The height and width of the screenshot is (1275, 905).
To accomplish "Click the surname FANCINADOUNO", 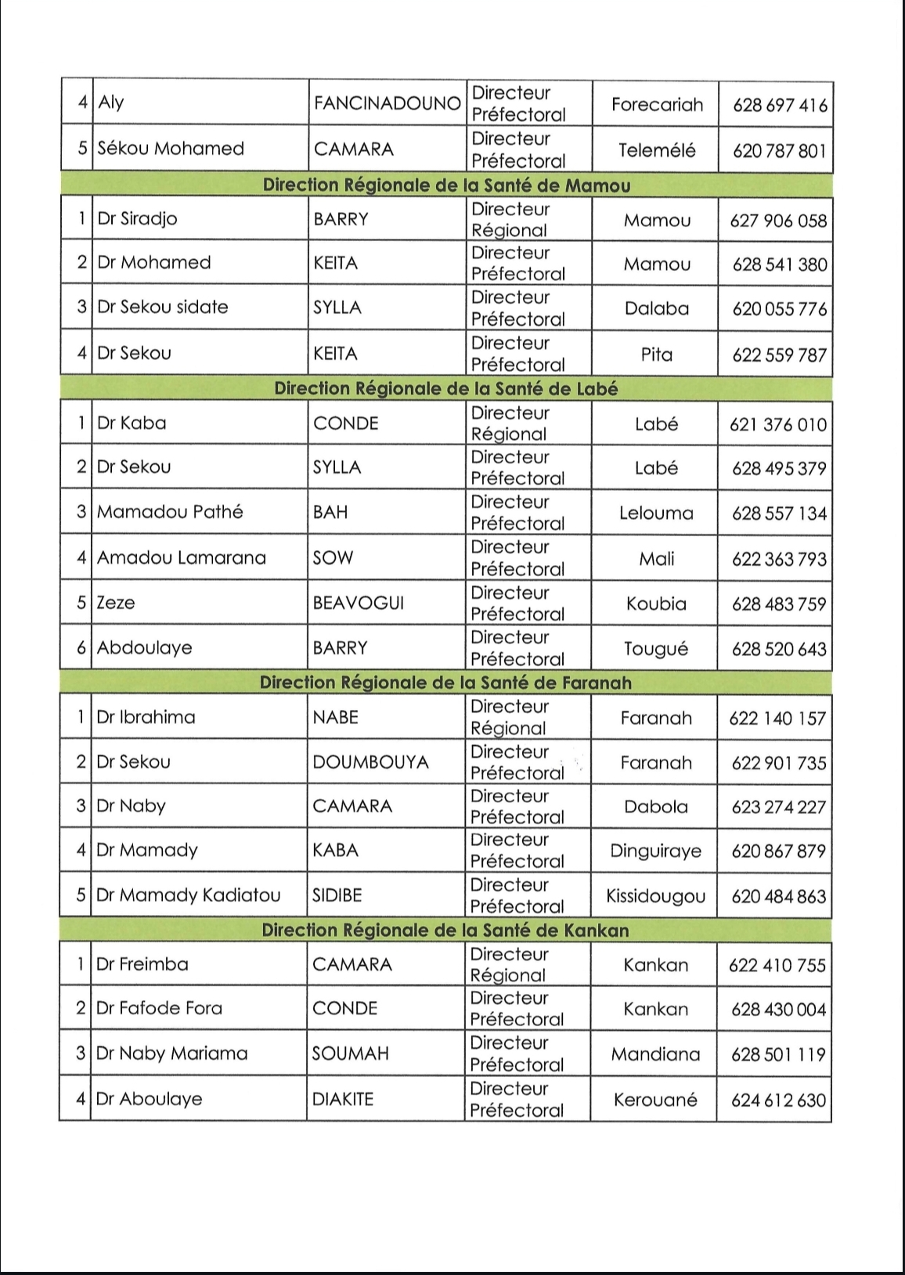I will (387, 103).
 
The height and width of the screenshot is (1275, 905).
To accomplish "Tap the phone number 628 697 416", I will (780, 105).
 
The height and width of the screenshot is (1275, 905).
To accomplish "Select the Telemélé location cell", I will (657, 150).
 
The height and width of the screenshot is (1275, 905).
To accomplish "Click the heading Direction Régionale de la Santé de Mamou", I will (446, 185).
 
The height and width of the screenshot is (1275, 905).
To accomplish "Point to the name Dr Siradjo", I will (137, 219).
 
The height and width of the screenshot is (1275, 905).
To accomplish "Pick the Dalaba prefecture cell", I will (657, 308).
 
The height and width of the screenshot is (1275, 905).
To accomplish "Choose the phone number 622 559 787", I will (779, 355).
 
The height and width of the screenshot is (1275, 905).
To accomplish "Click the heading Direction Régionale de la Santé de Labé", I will (445, 389).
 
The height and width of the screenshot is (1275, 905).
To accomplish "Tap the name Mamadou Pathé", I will (170, 512).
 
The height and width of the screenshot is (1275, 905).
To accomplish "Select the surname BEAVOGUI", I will (358, 603).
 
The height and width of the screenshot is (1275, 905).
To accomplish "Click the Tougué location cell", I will (656, 649).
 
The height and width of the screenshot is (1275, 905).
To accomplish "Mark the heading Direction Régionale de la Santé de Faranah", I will (445, 683).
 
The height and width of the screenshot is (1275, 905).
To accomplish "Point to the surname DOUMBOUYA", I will (370, 762).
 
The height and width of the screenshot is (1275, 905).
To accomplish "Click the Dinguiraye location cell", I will (655, 851).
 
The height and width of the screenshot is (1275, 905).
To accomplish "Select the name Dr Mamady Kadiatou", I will (188, 895).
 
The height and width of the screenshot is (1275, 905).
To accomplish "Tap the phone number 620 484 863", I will (778, 896).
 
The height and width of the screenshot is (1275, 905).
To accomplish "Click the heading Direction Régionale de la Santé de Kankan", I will (445, 931).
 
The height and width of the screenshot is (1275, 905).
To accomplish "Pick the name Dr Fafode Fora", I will (159, 1008).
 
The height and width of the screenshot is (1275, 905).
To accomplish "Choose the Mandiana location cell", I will (655, 1054).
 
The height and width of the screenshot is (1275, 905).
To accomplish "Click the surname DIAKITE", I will (343, 1099).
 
